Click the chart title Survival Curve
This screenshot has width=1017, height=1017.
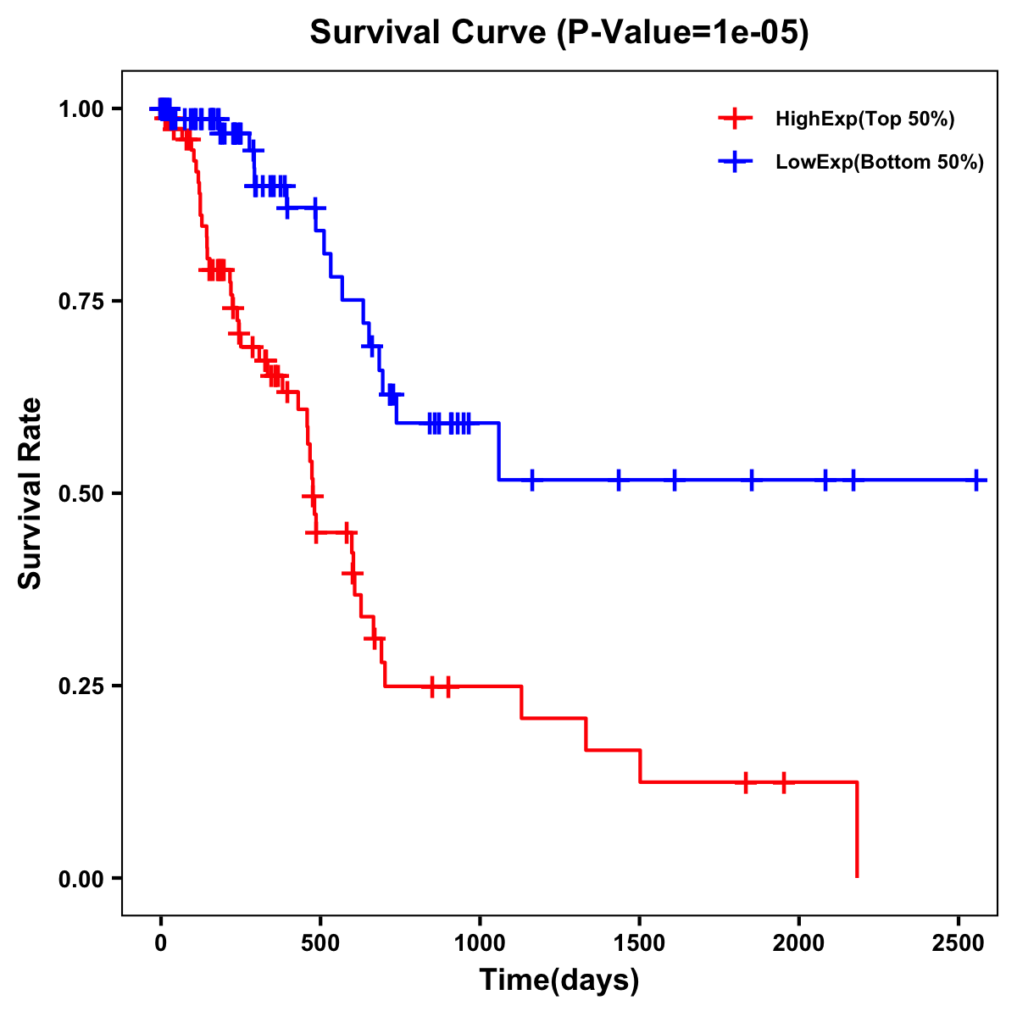559,32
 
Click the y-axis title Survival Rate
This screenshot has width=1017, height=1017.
31,492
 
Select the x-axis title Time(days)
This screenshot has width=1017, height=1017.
559,981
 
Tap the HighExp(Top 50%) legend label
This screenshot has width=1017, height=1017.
864,119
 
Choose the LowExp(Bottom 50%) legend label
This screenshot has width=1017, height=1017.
880,163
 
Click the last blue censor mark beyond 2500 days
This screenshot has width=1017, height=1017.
977,480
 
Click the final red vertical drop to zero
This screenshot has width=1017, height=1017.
858,831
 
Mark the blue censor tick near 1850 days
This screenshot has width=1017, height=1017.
752,480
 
